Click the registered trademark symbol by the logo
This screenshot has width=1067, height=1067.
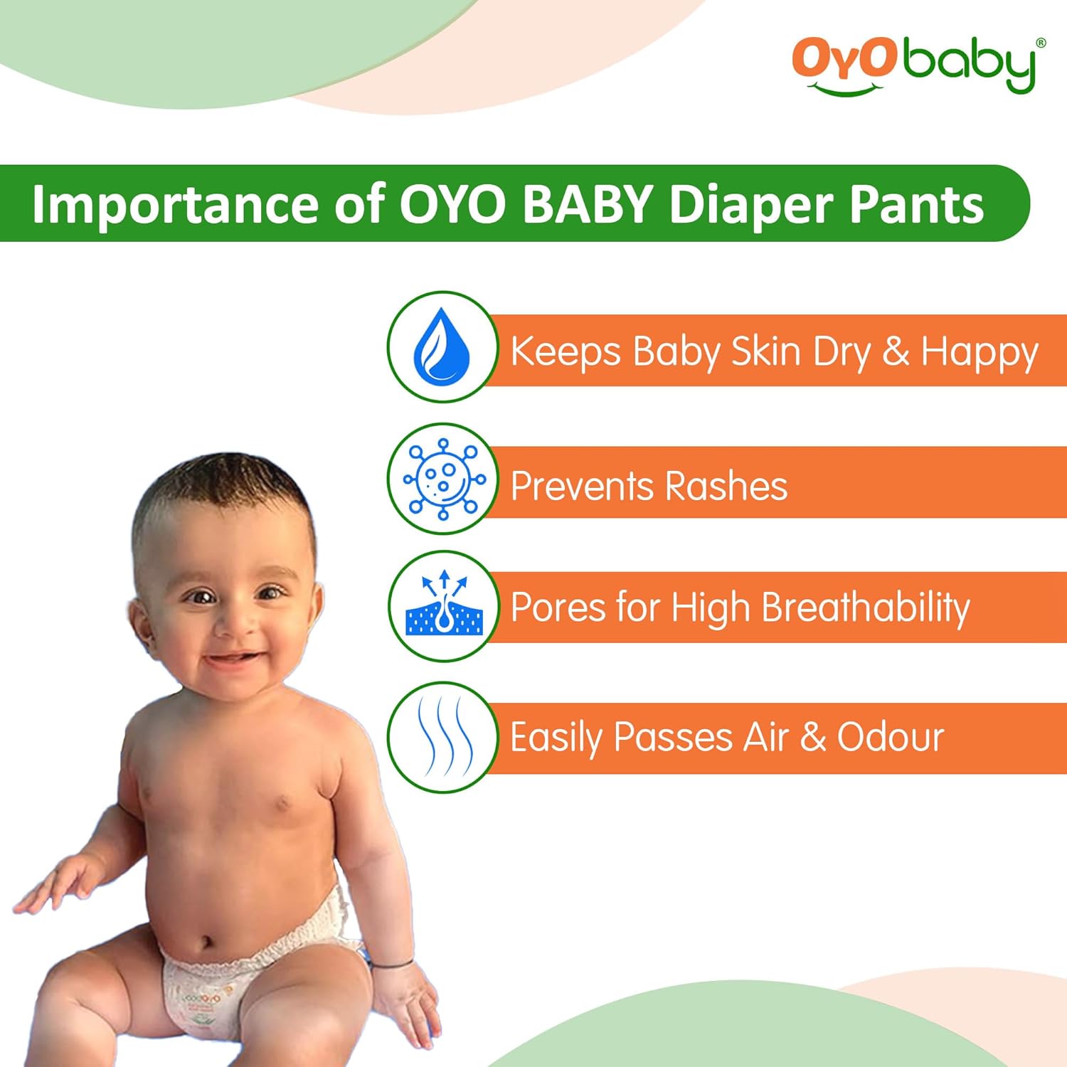(1041, 43)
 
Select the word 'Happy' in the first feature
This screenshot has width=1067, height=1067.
(980, 352)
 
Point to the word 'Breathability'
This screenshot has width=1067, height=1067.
(866, 607)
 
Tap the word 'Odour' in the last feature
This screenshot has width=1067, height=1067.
(890, 737)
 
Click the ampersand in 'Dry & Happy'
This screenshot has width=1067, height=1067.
(896, 351)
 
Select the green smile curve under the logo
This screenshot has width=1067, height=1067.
(846, 90)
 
